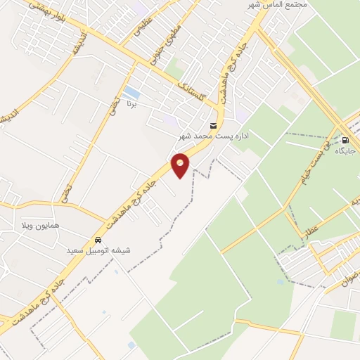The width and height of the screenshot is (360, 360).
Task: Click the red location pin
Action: (x=181, y=165)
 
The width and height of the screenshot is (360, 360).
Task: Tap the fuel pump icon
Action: (x=344, y=140)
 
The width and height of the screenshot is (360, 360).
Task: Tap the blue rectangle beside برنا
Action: (x=130, y=92)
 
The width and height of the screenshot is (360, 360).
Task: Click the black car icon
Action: (x=98, y=239)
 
